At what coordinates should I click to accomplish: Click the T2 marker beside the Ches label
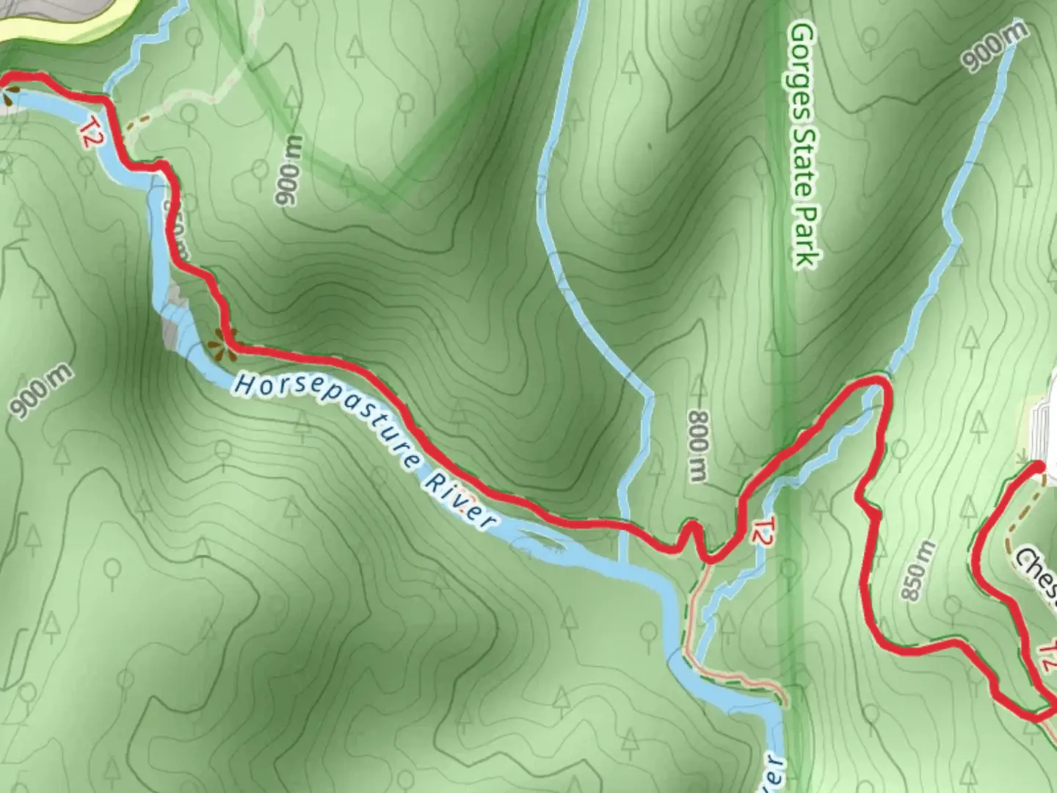pyautogui.click(x=1047, y=656)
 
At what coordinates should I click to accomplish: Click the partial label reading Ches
pyautogui.click(x=1036, y=572)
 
